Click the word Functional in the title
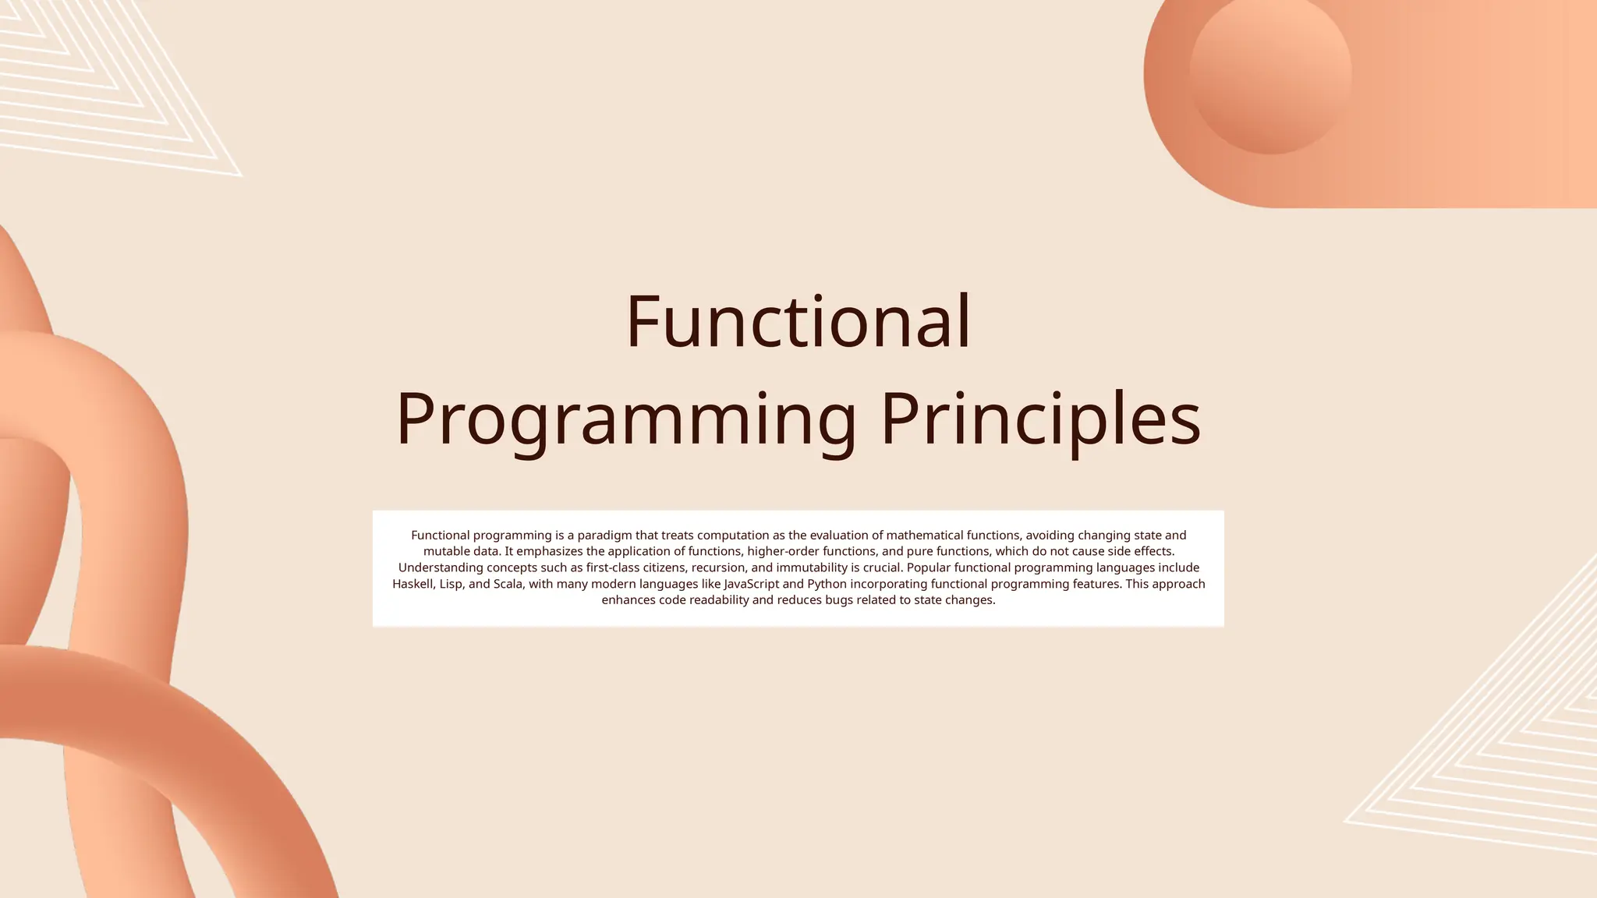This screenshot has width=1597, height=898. (x=798, y=322)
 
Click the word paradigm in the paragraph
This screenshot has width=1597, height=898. (x=606, y=536)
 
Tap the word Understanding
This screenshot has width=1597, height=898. (x=441, y=567)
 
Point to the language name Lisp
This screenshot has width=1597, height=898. (x=451, y=584)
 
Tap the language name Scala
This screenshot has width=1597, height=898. (x=508, y=584)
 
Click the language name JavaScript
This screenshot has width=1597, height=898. (x=751, y=584)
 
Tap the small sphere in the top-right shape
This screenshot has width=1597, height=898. (x=1270, y=73)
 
